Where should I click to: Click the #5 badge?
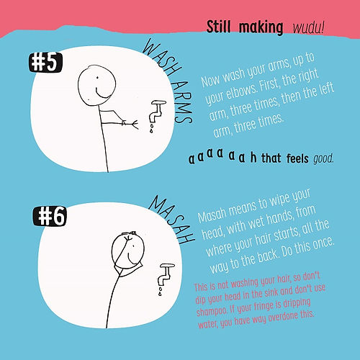pos(45,63)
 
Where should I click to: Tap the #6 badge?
pos(50,216)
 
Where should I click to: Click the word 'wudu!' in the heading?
pos(308,28)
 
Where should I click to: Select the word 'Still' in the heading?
pos(218,27)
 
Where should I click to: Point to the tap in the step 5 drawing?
pos(157,111)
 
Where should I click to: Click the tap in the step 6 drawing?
pos(166,274)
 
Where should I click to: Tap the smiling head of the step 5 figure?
pos(96,85)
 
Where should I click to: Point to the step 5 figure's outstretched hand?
pos(134,125)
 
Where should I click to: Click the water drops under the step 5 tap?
pos(151,128)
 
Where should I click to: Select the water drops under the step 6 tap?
pos(160,291)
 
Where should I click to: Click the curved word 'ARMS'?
pos(182,103)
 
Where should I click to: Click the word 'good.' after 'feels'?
pos(323,158)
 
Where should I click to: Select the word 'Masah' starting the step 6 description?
pos(212,213)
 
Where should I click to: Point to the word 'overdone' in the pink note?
pos(280,318)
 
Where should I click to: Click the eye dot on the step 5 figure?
pos(97,77)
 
